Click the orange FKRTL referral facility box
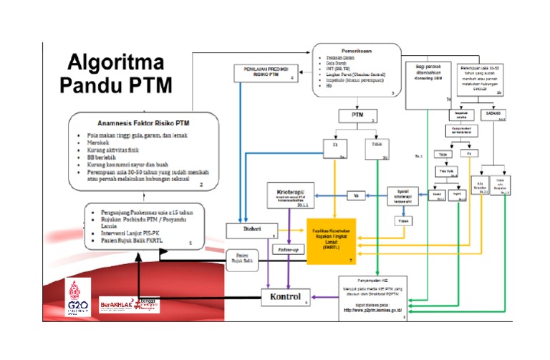pyautogui.click(x=331, y=242)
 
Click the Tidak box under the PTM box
pyautogui.click(x=377, y=146)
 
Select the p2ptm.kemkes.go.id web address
pyautogui.click(x=372, y=310)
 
